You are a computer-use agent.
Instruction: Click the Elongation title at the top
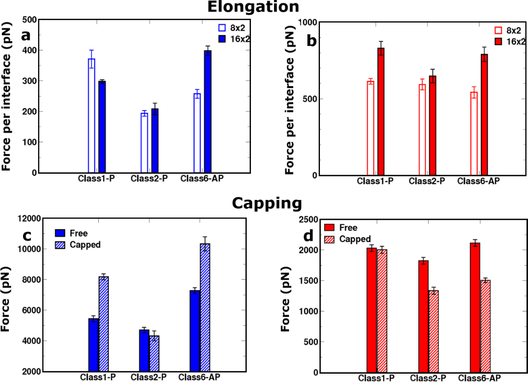[x=254, y=7]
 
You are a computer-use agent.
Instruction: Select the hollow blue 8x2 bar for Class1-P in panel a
[x=91, y=116]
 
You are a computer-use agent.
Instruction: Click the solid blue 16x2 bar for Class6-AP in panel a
[x=208, y=112]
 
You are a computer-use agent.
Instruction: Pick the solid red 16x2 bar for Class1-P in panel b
[x=381, y=112]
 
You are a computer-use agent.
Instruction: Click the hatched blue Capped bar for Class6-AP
[x=205, y=307]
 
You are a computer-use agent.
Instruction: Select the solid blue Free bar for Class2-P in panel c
[x=144, y=350]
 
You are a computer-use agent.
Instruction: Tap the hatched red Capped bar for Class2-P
[x=433, y=331]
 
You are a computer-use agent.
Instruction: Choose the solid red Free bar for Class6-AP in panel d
[x=475, y=307]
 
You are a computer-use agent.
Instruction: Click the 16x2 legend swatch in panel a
[x=222, y=39]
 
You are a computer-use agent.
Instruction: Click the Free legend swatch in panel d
[x=329, y=228]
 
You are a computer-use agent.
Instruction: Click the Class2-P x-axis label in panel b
[x=427, y=181]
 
